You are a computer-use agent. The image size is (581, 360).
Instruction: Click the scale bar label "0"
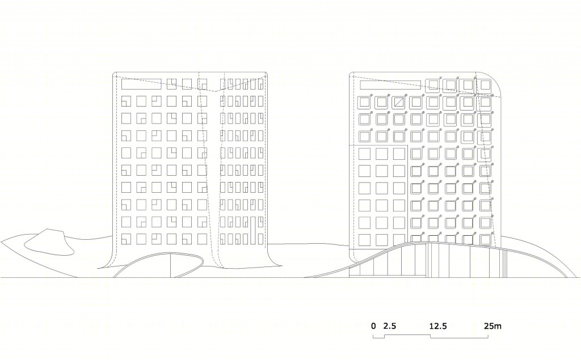pos(373,326)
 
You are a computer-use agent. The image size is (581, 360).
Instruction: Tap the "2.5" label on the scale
pos(390,326)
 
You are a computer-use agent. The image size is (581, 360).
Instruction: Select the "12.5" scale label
pos(438,326)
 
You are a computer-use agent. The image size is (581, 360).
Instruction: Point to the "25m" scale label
pos(492,326)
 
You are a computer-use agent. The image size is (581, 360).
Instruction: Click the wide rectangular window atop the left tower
pos(141,84)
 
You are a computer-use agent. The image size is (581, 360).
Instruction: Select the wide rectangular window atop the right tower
pos(390,85)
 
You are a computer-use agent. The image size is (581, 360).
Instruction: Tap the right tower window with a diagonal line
pos(399,102)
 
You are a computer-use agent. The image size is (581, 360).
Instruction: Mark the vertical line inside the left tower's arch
pos(170,265)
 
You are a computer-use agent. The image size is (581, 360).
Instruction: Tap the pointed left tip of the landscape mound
pos(2,243)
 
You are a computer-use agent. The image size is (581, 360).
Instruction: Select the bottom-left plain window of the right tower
pos(365,240)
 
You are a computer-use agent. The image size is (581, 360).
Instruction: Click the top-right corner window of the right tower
pos(485,85)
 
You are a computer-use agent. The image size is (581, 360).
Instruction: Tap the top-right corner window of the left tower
pos(261,84)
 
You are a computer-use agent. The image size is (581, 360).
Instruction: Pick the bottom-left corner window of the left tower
pos(127,239)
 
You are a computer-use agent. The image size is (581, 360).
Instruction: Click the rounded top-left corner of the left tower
pos(114,74)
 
